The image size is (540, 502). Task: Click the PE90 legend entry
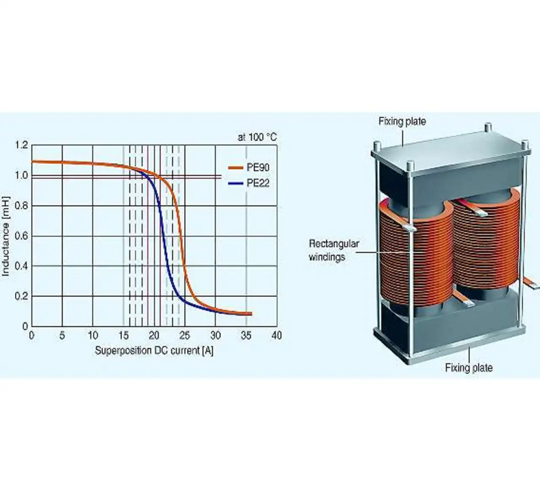coord(257,167)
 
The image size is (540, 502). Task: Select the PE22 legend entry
coord(257,183)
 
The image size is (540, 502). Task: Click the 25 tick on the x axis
coord(184,336)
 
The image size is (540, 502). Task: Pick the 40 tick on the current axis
coord(276,336)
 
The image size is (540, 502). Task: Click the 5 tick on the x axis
coord(62,336)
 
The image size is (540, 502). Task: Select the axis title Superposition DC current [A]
coord(154,351)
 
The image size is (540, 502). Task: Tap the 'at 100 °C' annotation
coord(257,137)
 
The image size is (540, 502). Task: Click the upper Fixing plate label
coord(402,121)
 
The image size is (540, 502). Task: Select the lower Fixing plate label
coord(469,367)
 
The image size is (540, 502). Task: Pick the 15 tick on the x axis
coord(123,336)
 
